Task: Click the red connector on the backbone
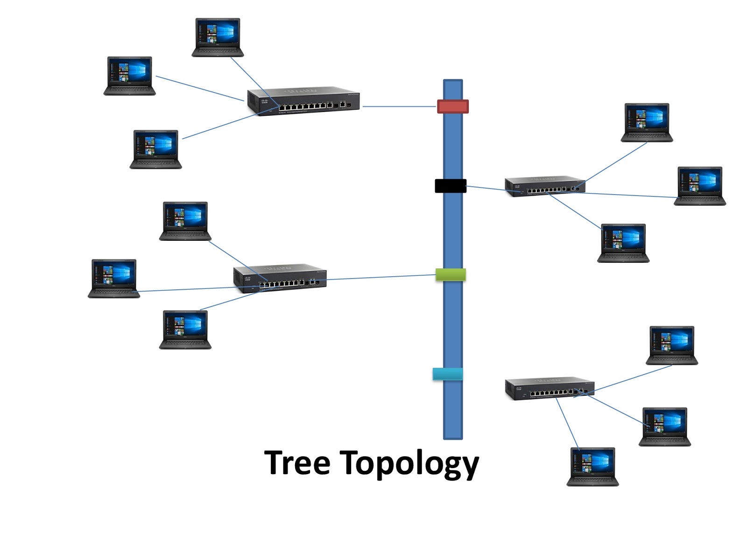point(452,106)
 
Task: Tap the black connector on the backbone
point(451,186)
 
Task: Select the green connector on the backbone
point(451,274)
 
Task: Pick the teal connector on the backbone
point(448,374)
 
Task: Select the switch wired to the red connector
point(303,100)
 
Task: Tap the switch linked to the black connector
point(545,186)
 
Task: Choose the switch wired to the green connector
point(280,278)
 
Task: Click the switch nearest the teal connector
point(550,389)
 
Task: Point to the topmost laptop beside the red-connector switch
point(218,37)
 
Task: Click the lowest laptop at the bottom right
point(592,466)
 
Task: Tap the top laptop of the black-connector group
point(647,122)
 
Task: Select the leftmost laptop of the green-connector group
point(114,278)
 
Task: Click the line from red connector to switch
point(399,106)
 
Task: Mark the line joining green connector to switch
point(381,278)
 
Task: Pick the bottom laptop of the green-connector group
point(185,329)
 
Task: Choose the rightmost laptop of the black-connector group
point(699,185)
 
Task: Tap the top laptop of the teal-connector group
point(672,345)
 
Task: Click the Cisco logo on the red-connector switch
point(264,102)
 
